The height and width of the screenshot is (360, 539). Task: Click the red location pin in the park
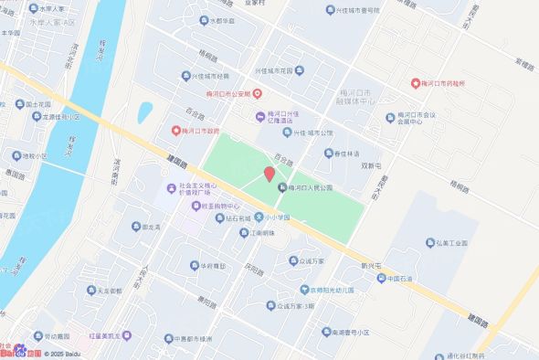pyautogui.click(x=269, y=174)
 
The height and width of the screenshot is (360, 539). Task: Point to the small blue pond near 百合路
pyautogui.click(x=144, y=112)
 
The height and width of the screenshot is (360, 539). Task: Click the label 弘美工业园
pyautogui.click(x=450, y=243)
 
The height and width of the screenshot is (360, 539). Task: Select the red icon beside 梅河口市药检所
pyautogui.click(x=415, y=83)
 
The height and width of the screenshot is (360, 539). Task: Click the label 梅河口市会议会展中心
pyautogui.click(x=429, y=120)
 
